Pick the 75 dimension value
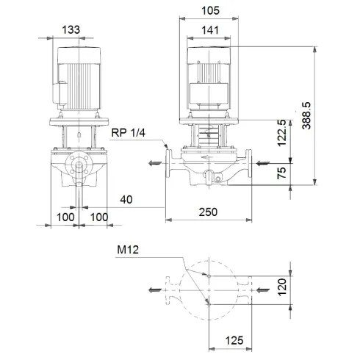tap(284, 173)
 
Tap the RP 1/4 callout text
tap(130, 133)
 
